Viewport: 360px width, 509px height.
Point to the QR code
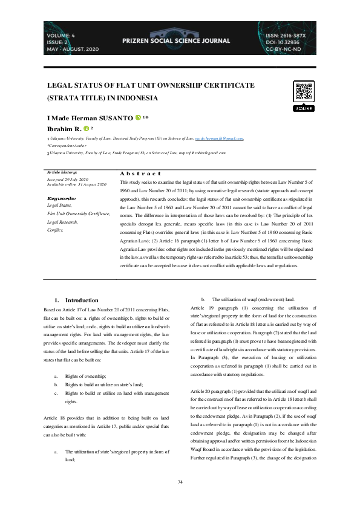coord(304,91)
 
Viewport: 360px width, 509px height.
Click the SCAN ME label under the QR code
coord(304,108)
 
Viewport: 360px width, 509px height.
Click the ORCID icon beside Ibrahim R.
coord(83,128)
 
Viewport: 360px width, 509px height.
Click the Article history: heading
coord(62,172)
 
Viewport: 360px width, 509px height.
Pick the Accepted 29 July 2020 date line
coord(67,180)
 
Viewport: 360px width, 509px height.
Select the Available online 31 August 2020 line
coord(76,184)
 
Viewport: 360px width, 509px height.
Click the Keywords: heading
coord(61,198)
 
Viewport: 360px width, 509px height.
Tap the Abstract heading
coord(141,173)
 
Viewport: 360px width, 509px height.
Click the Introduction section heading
coord(81,300)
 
